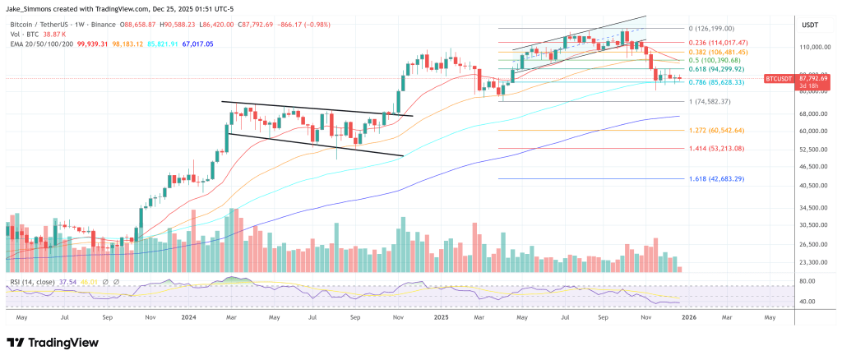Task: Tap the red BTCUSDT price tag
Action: (x=778, y=78)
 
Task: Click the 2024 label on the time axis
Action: (x=188, y=316)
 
